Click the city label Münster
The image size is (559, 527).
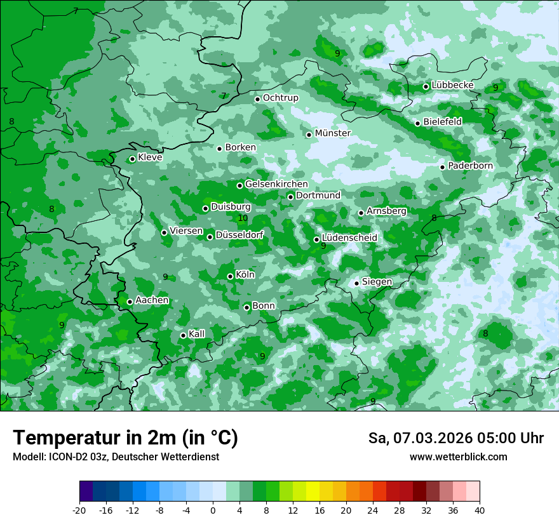click(332, 133)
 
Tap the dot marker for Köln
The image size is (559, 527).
click(230, 276)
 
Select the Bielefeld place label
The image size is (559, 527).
click(442, 121)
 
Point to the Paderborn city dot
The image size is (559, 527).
click(443, 167)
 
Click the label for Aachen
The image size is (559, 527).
click(152, 300)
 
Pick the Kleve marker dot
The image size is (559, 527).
click(132, 159)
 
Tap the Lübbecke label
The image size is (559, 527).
click(452, 85)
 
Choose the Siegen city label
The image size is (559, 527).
click(377, 282)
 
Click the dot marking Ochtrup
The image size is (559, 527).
click(257, 99)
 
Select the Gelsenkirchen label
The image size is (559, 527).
click(276, 184)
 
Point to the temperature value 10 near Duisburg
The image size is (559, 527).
click(243, 218)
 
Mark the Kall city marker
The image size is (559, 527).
click(183, 335)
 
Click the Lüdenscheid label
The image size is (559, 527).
click(349, 238)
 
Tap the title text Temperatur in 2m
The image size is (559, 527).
click(125, 438)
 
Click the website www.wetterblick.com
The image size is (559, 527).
click(458, 457)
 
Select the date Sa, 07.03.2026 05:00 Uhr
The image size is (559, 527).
click(455, 438)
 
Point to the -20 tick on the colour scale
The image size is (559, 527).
click(79, 510)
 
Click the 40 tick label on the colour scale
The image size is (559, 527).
click(479, 510)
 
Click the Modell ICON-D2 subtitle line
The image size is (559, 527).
click(116, 457)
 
